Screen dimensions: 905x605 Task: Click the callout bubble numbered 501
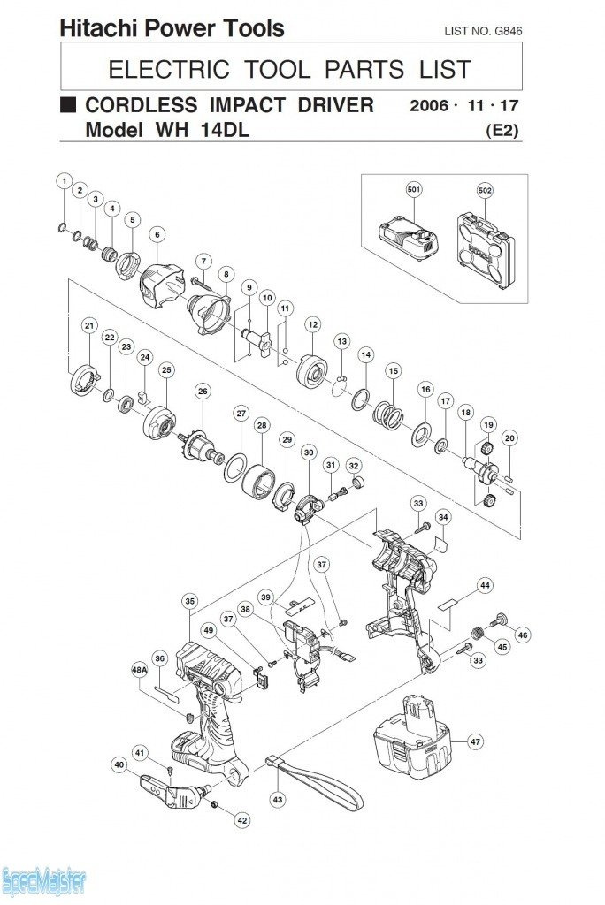(414, 190)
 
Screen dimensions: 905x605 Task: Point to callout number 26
(203, 392)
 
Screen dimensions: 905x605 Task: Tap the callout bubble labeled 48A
(139, 671)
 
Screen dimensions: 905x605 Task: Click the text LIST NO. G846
(483, 31)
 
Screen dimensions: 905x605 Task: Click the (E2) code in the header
(502, 130)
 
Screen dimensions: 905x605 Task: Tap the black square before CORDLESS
(69, 105)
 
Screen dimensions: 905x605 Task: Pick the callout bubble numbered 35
(190, 601)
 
